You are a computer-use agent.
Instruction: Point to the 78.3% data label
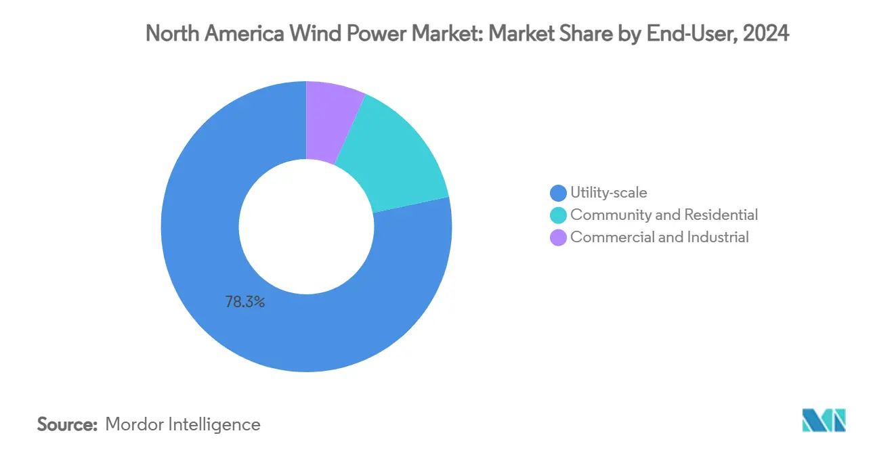[x=244, y=302]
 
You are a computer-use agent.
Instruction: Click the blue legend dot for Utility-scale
[x=559, y=194]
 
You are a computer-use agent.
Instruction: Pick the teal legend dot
[x=559, y=216]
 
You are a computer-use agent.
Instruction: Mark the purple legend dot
[x=559, y=238]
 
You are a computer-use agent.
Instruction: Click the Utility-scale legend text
[x=608, y=193]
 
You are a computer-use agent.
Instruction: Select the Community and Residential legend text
[x=664, y=215]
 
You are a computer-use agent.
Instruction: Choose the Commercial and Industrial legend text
[x=659, y=238]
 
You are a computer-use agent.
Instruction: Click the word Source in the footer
[x=66, y=425]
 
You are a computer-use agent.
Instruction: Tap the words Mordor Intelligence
[x=182, y=425]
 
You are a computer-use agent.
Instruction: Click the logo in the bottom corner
[x=824, y=421]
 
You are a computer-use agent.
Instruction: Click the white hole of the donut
[x=306, y=226]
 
